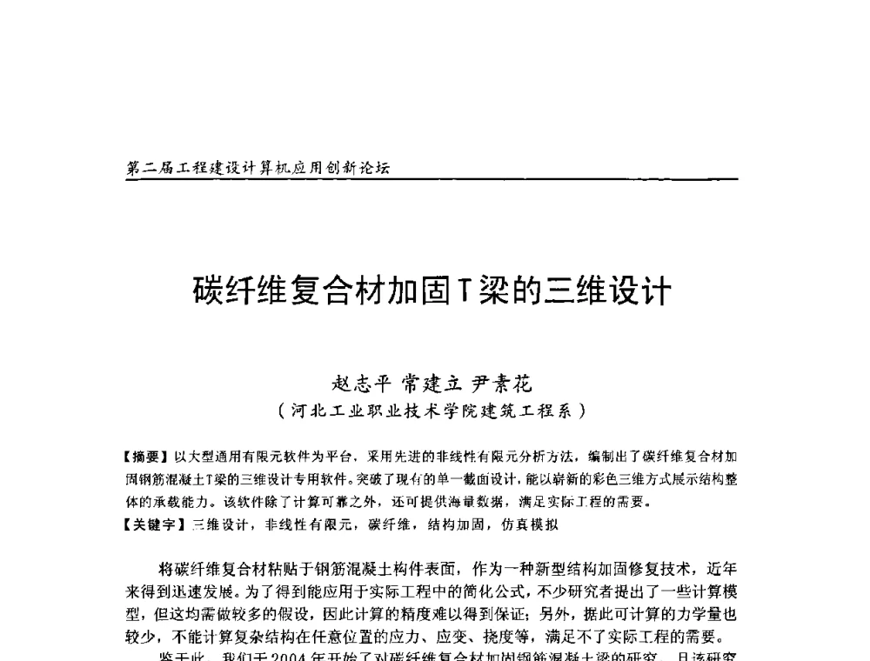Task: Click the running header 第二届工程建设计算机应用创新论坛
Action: coord(258,168)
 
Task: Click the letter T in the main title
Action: coord(465,291)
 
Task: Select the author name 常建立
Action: coord(431,384)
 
